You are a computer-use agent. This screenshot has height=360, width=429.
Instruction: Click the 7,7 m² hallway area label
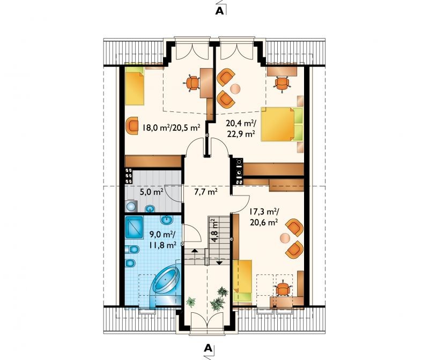(206, 192)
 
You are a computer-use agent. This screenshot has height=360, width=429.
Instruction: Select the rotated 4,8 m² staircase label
(215, 230)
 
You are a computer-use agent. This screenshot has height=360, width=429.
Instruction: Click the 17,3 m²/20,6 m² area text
(264, 217)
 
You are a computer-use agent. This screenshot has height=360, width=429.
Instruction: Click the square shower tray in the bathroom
(134, 227)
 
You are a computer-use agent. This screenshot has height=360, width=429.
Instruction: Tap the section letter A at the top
(219, 10)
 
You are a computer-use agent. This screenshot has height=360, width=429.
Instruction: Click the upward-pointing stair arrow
(195, 250)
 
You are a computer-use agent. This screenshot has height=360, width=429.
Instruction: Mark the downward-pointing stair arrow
(219, 262)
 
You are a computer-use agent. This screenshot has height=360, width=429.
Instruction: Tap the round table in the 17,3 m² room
(285, 238)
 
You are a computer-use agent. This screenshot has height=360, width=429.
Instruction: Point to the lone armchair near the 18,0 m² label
(132, 125)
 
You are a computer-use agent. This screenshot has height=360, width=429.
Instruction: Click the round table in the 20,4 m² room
(235, 88)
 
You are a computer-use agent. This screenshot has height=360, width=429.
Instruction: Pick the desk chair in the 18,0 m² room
(193, 82)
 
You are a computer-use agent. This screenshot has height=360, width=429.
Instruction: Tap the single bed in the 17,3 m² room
(242, 281)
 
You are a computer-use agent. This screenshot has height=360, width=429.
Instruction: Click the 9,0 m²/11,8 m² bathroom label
(162, 239)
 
